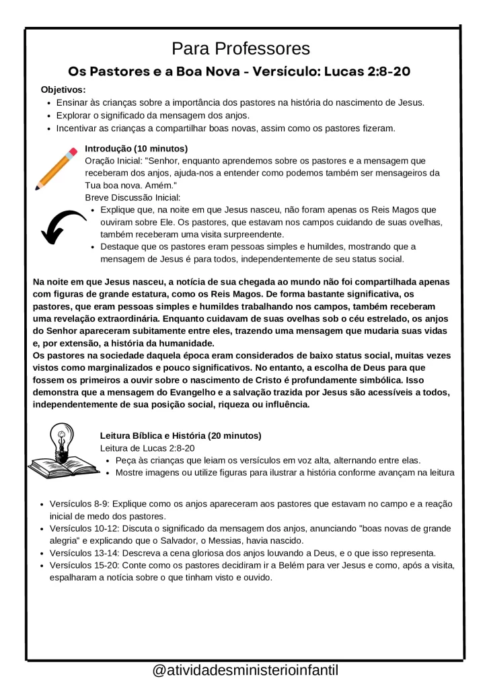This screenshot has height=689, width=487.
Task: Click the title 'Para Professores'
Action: click(x=241, y=49)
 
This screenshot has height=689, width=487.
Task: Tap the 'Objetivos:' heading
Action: click(x=63, y=89)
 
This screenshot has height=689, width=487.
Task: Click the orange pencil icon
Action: click(x=57, y=168)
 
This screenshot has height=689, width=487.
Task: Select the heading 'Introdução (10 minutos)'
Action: click(x=136, y=148)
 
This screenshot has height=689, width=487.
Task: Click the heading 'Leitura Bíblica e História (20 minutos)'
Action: click(x=180, y=436)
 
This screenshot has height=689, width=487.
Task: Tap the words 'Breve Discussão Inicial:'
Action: click(x=133, y=198)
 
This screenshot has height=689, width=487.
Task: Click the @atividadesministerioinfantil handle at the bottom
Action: click(x=245, y=670)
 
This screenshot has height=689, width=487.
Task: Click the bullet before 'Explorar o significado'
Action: click(x=49, y=116)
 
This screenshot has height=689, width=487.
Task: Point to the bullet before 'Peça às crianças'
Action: click(x=109, y=461)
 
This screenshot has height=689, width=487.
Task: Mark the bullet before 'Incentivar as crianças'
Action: click(x=49, y=129)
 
